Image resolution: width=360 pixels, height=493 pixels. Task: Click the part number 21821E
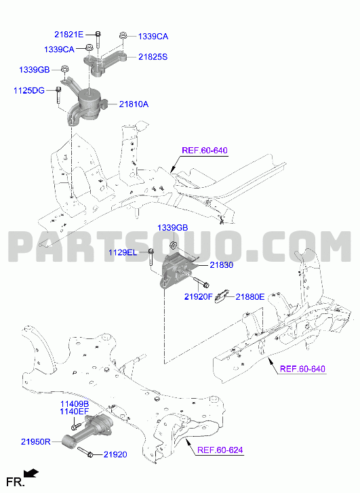click(x=69, y=35)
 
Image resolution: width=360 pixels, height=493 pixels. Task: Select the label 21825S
click(x=153, y=57)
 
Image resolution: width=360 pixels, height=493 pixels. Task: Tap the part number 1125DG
click(x=29, y=91)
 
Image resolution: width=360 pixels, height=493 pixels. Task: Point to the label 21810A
click(x=134, y=104)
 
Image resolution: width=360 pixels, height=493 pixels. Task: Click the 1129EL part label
click(x=123, y=252)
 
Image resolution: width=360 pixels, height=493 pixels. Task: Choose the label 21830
click(x=221, y=265)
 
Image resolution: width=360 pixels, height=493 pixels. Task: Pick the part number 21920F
click(x=199, y=296)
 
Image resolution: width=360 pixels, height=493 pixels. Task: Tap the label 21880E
click(x=250, y=296)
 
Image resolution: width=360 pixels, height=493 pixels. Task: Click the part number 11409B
click(x=75, y=404)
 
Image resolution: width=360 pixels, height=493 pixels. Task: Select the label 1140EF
click(x=75, y=412)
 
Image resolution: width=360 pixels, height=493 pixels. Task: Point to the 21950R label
click(x=35, y=441)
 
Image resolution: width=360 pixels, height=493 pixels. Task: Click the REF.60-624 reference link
click(x=220, y=450)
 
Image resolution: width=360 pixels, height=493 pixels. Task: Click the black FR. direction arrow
click(x=32, y=473)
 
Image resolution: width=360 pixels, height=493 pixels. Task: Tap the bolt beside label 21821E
click(x=98, y=39)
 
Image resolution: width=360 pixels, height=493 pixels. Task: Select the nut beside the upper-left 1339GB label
click(x=64, y=68)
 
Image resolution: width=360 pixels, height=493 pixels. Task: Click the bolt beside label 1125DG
click(x=58, y=96)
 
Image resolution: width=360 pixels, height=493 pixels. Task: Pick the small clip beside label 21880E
click(x=221, y=296)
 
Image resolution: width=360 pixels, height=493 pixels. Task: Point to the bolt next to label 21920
click(x=85, y=452)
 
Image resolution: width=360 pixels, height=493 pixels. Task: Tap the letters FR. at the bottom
click(x=15, y=482)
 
